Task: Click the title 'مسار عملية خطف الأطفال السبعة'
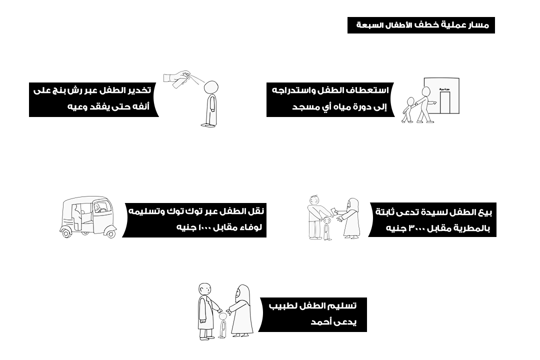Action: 421,25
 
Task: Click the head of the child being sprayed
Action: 211,86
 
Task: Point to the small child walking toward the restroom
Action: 409,109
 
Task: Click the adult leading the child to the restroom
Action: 424,104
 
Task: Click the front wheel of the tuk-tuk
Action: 110,232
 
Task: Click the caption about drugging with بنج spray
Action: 92,98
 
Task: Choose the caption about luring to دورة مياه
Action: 329,98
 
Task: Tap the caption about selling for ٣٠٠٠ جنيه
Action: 433,220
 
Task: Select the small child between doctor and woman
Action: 223,325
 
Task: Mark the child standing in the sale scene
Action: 327,228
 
